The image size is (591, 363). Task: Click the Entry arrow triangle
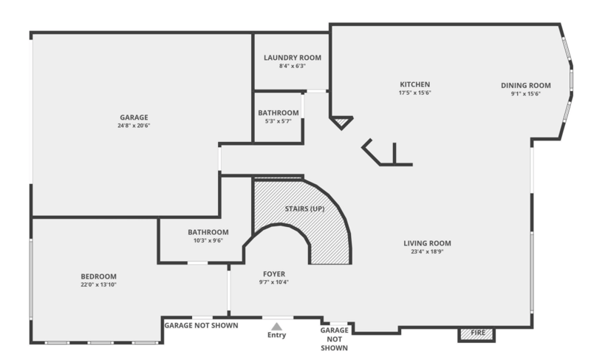[276, 325]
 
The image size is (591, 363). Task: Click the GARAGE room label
[134, 117]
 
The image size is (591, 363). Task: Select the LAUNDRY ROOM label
[293, 58]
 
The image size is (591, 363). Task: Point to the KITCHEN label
[414, 84]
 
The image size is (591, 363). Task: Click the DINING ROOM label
[526, 85]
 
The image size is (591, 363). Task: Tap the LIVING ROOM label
[427, 243]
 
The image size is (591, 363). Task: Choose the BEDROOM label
[99, 276]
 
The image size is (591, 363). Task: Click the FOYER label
[274, 274]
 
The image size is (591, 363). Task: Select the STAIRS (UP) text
[305, 208]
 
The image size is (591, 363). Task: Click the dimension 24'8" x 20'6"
[134, 126]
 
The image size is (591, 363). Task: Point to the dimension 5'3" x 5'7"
[279, 121]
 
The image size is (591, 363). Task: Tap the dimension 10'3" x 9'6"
[208, 240]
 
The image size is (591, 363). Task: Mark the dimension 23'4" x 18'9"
[427, 251]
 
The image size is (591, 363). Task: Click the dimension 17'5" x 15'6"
[414, 93]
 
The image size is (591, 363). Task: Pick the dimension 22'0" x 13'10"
[99, 285]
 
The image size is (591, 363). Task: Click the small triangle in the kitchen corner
[341, 122]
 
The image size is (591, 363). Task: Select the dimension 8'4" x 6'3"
[293, 67]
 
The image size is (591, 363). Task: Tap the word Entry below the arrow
[276, 336]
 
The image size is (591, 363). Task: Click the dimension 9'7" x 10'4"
[274, 282]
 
